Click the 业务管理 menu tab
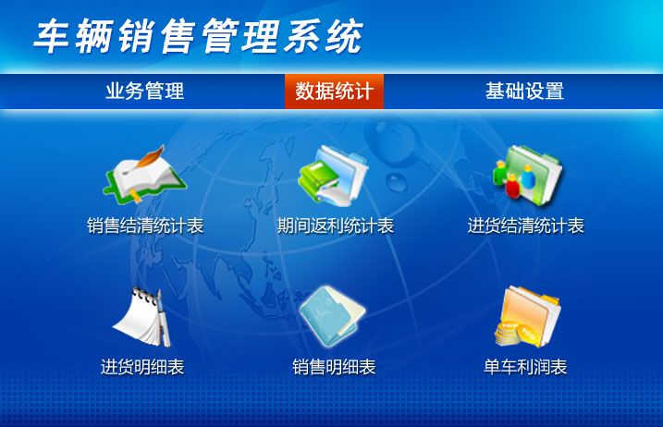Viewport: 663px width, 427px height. point(144,91)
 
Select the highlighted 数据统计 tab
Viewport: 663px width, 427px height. point(334,91)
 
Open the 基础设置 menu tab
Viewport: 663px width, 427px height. point(524,91)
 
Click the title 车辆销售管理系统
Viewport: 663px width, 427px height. point(198,36)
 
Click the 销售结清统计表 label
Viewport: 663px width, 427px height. point(145,226)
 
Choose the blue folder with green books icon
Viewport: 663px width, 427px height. point(333,176)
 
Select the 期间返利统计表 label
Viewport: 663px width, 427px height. point(336,226)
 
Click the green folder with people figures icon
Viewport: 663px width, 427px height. point(527,176)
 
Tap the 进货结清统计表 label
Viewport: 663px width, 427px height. point(525,226)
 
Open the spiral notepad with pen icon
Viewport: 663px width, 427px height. point(143,317)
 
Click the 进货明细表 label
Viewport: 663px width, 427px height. point(142,367)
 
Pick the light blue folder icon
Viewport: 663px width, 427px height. point(332,317)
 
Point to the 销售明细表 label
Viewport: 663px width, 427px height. point(334,367)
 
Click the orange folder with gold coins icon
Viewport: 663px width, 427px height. point(528,317)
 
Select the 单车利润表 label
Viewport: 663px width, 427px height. point(525,367)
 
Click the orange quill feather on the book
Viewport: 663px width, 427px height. point(148,158)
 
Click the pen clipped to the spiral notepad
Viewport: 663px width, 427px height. point(163,318)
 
